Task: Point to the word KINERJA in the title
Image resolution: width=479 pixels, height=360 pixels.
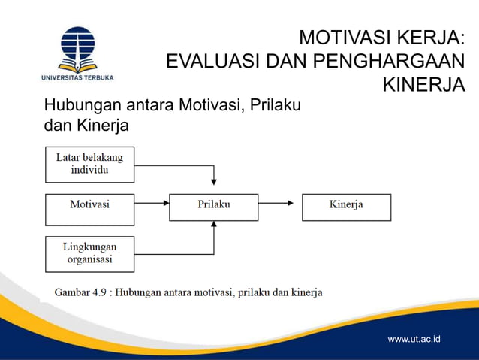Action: click(423, 85)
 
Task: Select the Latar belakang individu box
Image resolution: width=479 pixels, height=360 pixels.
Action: click(89, 164)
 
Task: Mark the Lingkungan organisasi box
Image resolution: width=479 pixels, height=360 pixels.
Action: click(89, 253)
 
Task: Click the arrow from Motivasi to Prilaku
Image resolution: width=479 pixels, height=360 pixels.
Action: click(151, 203)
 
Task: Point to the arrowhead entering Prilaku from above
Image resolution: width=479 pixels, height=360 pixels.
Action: click(215, 182)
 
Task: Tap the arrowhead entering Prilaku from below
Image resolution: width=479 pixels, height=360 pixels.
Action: click(215, 224)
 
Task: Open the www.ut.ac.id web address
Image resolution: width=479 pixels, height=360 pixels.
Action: click(414, 340)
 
